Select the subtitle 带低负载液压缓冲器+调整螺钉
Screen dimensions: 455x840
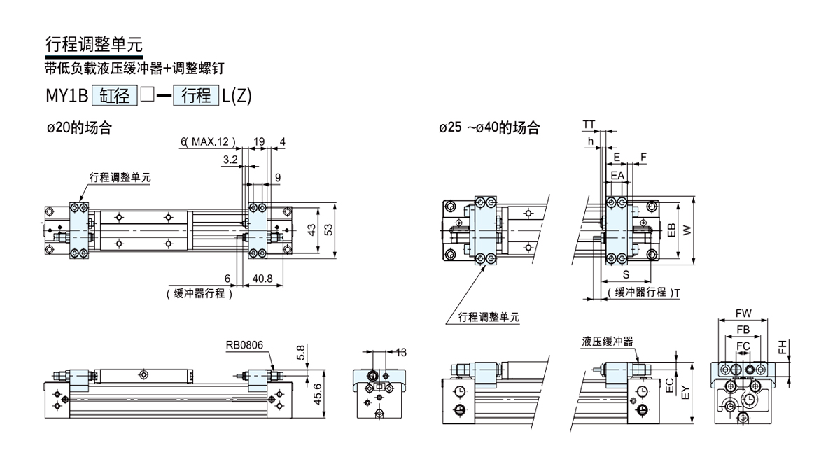(135, 68)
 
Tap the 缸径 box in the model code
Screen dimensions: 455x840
(114, 96)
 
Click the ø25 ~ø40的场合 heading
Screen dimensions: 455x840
(489, 128)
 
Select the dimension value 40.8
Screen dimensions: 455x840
(262, 279)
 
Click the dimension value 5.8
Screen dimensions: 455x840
(300, 354)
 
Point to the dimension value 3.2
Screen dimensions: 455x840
(230, 160)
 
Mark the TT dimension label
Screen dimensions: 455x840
(589, 125)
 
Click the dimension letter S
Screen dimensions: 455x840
(625, 274)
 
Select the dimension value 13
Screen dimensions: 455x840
(401, 351)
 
